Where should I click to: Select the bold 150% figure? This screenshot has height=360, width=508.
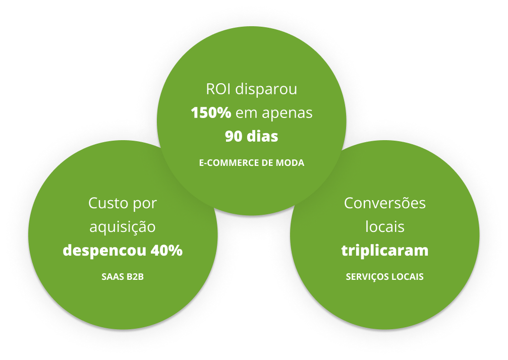[x=211, y=113]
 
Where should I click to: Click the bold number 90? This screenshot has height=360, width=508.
[x=234, y=137]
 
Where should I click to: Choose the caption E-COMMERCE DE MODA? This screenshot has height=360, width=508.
[x=252, y=163]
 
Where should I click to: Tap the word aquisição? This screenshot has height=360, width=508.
[x=123, y=227]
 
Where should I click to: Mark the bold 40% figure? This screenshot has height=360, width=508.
[x=166, y=251]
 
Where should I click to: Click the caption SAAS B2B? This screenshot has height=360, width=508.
[x=123, y=277]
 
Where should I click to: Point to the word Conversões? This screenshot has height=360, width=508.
[x=385, y=204]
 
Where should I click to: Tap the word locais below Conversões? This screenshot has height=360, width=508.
[x=385, y=227]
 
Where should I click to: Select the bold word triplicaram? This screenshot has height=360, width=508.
[x=385, y=251]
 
